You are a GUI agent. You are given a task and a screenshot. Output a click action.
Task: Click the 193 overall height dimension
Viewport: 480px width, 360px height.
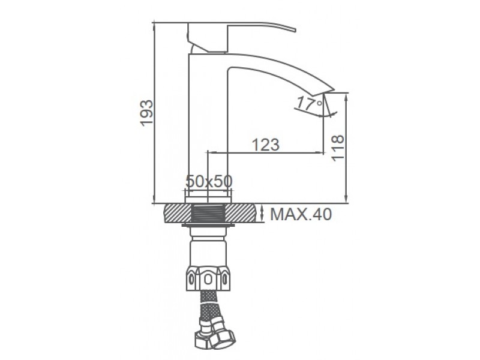click(146, 113)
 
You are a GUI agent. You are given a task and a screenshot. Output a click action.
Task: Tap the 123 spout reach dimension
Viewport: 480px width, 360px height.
click(265, 145)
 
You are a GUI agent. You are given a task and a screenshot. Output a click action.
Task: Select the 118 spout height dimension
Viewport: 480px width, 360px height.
click(338, 148)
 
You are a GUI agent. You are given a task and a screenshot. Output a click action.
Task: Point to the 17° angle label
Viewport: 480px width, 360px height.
click(310, 103)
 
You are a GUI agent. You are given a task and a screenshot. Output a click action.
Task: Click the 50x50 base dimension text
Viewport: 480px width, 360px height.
click(209, 181)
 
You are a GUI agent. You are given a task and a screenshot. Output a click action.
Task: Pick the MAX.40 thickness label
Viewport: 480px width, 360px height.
click(301, 214)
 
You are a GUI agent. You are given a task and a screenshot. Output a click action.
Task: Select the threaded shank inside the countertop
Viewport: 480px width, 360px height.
click(208, 213)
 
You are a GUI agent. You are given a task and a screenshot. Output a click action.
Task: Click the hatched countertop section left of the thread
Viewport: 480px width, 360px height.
click(178, 213)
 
